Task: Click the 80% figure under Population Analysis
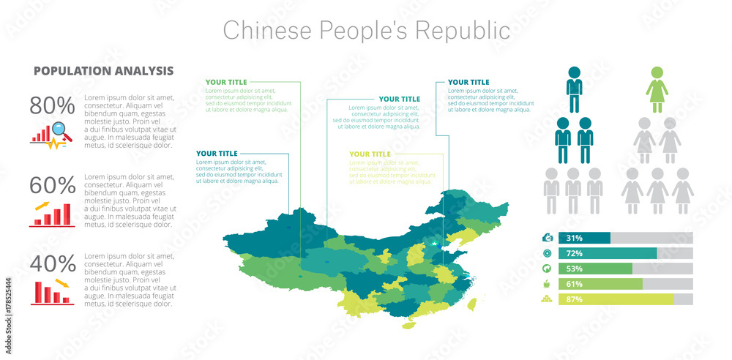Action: click(x=52, y=106)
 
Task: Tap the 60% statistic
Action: click(x=52, y=185)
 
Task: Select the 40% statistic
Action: click(x=52, y=263)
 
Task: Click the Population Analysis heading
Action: click(x=103, y=71)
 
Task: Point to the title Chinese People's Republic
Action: click(x=366, y=30)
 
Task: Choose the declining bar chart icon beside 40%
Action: click(x=51, y=292)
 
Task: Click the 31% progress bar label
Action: click(x=575, y=238)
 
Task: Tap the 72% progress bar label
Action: click(x=575, y=253)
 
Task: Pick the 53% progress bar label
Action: click(x=575, y=269)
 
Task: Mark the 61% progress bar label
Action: click(x=575, y=284)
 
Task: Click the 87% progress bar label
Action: click(x=575, y=299)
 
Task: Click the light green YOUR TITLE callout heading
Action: click(x=370, y=154)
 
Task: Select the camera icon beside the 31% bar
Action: click(x=547, y=238)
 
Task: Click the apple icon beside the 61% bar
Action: click(x=547, y=284)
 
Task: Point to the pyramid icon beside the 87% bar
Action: click(x=547, y=299)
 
